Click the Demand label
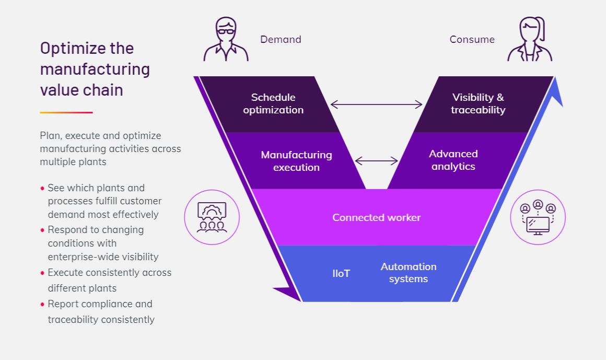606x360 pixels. [281, 39]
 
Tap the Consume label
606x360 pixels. [472, 39]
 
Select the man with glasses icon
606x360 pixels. [226, 39]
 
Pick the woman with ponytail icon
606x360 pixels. [530, 39]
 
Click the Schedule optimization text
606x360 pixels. [273, 103]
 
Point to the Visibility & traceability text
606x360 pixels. [478, 103]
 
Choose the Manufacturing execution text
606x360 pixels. [296, 161]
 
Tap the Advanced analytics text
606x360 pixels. [453, 160]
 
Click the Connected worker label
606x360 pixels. [377, 218]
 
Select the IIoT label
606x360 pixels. [341, 273]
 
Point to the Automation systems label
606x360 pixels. [409, 273]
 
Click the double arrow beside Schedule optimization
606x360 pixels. [377, 104]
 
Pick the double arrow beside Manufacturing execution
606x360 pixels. [377, 161]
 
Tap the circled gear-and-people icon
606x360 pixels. [212, 217]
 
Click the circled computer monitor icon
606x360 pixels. [538, 217]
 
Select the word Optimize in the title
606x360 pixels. [73, 49]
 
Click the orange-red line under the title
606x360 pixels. [66, 112]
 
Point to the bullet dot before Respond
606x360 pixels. [42, 230]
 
